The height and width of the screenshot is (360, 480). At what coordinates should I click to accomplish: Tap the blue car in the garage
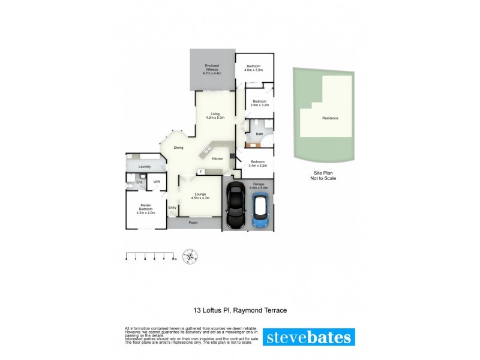[260, 210]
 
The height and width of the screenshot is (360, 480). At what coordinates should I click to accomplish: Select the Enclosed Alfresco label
[212, 70]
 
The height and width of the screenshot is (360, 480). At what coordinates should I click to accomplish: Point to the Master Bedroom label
[146, 208]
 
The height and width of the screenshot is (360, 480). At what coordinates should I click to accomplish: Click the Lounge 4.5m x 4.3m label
[200, 196]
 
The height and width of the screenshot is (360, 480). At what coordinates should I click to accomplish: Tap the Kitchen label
[218, 158]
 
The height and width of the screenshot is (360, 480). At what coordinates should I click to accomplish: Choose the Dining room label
[178, 148]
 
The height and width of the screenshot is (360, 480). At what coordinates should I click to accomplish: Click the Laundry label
[144, 167]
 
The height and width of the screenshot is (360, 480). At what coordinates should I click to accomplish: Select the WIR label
[156, 181]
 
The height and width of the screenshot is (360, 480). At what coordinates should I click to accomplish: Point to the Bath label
[259, 134]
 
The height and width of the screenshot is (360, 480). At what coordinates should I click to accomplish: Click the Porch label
[193, 223]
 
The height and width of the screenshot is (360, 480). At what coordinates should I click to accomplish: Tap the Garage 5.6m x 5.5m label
[259, 187]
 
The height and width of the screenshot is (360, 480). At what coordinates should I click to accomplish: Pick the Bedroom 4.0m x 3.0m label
[254, 68]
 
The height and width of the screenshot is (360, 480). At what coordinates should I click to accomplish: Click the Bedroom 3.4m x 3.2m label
[258, 163]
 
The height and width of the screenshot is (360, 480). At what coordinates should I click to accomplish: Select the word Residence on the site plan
[330, 118]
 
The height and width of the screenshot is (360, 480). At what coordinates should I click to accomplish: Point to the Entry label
[172, 208]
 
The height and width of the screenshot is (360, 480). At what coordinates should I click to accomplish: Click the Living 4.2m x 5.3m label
[215, 116]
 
